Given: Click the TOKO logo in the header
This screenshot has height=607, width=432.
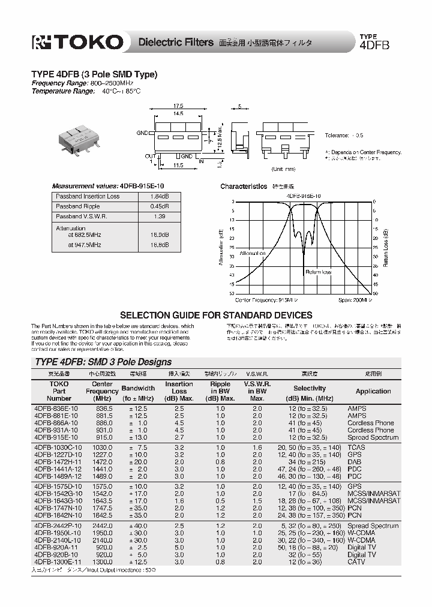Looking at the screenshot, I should [77, 42].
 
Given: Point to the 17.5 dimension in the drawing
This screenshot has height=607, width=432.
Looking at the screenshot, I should [179, 106].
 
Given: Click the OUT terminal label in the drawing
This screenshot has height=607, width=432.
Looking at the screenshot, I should [151, 155].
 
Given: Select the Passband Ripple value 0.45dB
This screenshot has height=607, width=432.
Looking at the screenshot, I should [157, 206].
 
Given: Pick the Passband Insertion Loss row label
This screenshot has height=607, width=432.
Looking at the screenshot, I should [88, 196].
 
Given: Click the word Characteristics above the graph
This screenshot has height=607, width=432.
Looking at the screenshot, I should [243, 187].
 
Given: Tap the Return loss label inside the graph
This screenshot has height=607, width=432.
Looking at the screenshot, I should [318, 272].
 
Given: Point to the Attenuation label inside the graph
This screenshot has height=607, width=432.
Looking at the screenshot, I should [252, 254].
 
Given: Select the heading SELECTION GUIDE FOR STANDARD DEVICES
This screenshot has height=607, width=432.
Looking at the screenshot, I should [216, 315].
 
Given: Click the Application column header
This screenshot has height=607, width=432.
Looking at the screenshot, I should [373, 391].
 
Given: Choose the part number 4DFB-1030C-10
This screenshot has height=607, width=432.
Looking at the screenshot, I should [58, 447].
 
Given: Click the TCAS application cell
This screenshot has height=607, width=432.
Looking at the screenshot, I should [356, 447].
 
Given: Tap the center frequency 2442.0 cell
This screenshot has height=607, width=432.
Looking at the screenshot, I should [102, 526].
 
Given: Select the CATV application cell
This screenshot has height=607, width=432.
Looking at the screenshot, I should [356, 562].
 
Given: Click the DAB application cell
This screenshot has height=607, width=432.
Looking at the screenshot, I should [355, 462].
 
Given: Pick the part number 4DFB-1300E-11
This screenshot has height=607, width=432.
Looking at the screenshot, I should [58, 562].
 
